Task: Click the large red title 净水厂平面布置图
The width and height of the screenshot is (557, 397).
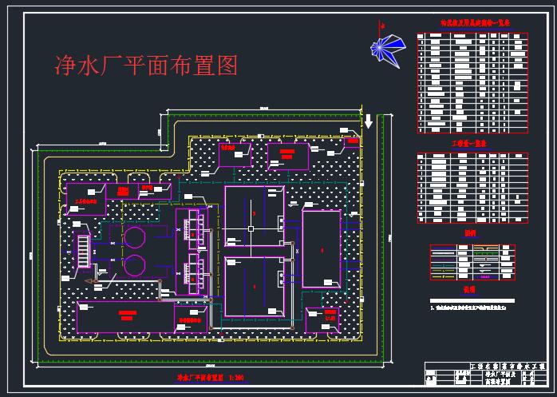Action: point(144,66)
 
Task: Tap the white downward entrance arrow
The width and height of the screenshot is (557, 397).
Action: point(369,121)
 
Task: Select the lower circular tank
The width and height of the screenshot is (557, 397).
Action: point(135,265)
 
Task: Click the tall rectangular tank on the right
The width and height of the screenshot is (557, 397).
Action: point(322,248)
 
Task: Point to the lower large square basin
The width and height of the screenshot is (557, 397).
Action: point(255,285)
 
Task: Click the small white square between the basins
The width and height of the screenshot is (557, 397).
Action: point(251,229)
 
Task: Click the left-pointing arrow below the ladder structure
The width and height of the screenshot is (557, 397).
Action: point(93,282)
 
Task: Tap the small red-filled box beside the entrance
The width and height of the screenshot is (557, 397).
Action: point(351,142)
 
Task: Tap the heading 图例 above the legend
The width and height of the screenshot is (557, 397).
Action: point(469,234)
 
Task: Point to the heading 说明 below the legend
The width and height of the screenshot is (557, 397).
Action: point(469,289)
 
